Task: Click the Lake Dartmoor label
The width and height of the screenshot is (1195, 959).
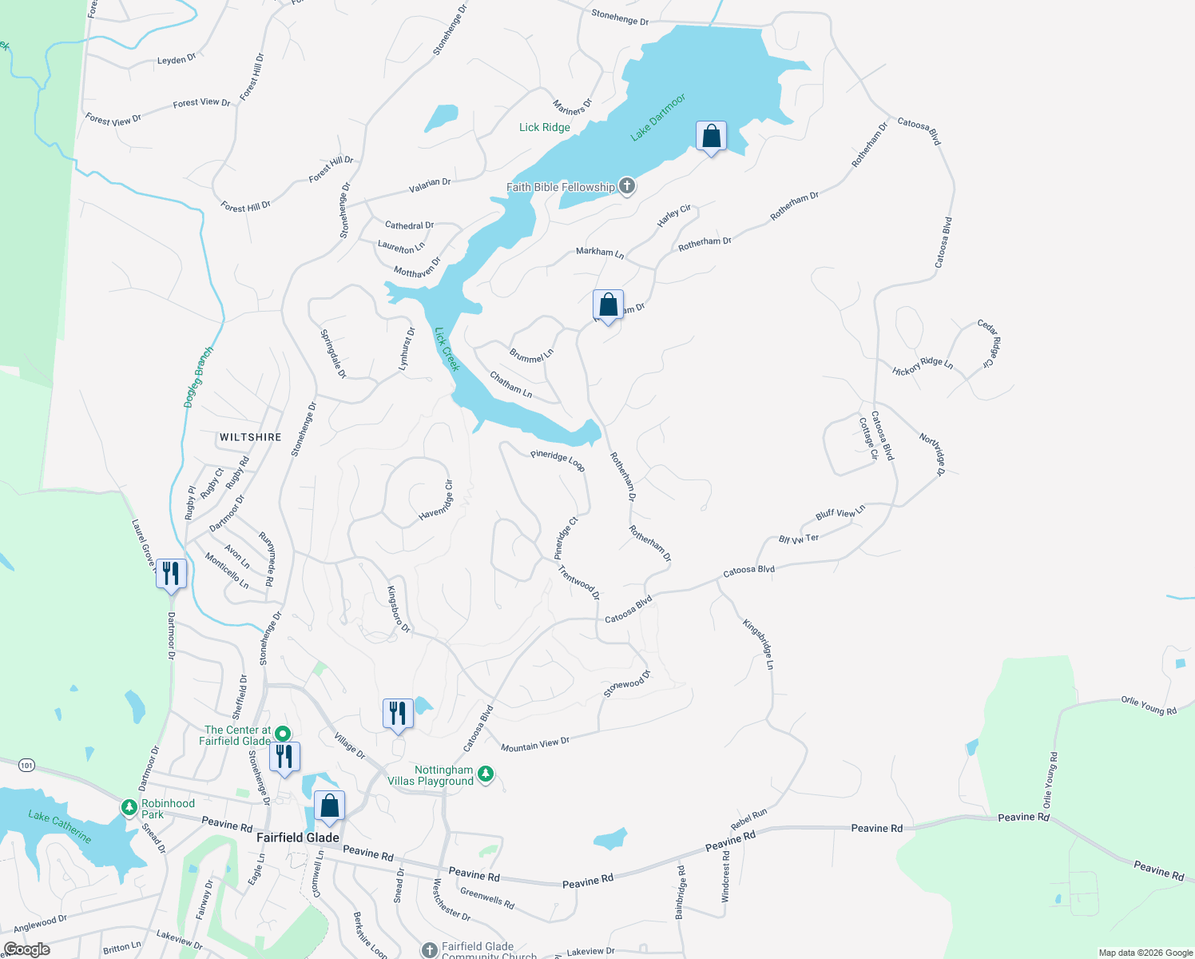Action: (x=657, y=117)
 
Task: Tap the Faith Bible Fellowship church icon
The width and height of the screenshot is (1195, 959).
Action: (x=627, y=187)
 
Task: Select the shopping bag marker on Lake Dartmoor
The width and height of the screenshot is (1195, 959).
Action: (x=711, y=137)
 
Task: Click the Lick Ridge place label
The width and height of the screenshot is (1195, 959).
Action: (x=545, y=127)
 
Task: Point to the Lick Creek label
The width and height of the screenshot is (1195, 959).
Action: (x=447, y=348)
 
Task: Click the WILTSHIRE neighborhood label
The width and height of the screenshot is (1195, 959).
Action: (x=251, y=437)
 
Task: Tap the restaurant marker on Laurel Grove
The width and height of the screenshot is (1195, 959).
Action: (x=171, y=574)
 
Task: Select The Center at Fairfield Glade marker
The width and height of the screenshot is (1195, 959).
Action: (x=282, y=733)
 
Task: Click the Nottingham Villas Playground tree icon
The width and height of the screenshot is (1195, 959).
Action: (x=486, y=774)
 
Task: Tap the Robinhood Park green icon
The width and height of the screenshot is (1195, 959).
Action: (x=129, y=808)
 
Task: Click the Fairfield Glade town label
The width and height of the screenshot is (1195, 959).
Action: (x=298, y=838)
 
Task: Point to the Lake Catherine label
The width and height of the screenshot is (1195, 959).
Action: (x=60, y=826)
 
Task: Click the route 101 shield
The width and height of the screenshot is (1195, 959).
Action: (x=27, y=766)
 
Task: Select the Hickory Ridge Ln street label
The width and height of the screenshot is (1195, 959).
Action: (x=923, y=366)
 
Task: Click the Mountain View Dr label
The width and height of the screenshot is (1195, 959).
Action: (x=535, y=745)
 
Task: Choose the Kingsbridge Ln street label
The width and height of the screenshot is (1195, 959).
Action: (x=759, y=643)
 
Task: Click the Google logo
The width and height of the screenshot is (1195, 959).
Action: (x=27, y=949)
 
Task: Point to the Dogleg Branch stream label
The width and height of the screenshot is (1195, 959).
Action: (x=199, y=376)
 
